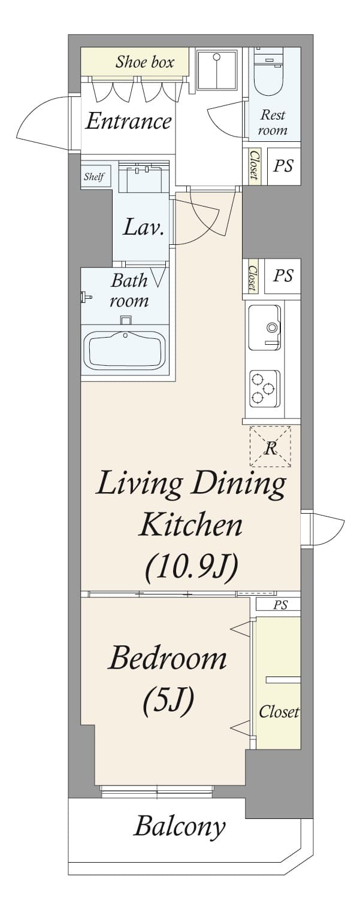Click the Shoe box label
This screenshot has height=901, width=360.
[x=145, y=62]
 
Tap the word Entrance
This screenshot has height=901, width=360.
[x=128, y=121]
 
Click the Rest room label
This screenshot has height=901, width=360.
[x=273, y=122]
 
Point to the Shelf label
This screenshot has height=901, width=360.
[x=94, y=176]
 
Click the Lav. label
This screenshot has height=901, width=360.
[x=143, y=227]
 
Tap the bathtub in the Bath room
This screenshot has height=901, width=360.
[x=126, y=350]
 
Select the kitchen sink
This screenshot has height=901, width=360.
[x=265, y=327]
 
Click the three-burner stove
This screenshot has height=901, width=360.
[x=264, y=389]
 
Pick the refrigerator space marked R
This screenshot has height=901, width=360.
[x=270, y=447]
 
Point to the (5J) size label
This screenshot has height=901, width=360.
[x=168, y=702]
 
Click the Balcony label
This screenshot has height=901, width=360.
[x=179, y=827]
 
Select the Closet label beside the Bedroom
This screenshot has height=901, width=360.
[x=279, y=712]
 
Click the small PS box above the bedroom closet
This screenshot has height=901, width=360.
[x=279, y=605]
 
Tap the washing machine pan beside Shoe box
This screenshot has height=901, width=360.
[x=217, y=69]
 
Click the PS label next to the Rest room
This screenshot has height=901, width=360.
[x=283, y=165]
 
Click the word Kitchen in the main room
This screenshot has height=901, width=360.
[x=190, y=525]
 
